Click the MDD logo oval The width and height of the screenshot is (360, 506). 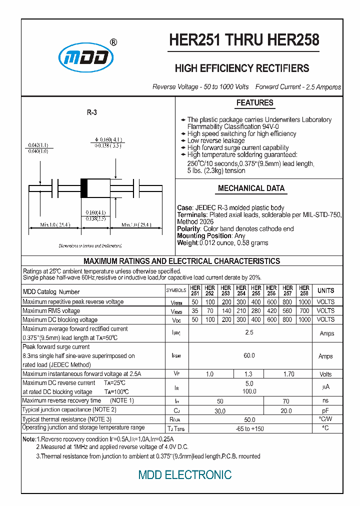click(86, 59)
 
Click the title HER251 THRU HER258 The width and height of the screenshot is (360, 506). click(244, 40)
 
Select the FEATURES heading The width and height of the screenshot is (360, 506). click(254, 103)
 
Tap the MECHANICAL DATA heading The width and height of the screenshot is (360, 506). click(251, 188)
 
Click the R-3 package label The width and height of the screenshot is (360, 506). click(91, 113)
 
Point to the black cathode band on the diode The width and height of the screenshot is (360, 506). click(84, 188)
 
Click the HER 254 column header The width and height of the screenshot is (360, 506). click(241, 290)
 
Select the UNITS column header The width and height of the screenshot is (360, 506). click(326, 290)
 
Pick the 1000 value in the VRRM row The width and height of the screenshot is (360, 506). click(304, 302)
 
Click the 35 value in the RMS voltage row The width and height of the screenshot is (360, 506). click(195, 311)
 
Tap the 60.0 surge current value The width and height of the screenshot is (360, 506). click(249, 355)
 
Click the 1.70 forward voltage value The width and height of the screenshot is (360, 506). click(288, 374)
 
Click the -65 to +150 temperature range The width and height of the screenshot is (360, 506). click(249, 429)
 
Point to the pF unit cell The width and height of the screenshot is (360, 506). click(325, 410)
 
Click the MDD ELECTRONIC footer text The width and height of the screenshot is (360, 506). click(184, 474)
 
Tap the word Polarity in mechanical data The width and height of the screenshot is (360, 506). click(188, 228)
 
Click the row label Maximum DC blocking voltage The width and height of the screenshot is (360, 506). click(60, 320)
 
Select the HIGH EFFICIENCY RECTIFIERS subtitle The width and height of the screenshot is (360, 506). click(241, 68)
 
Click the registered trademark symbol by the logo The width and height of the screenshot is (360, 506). click(113, 43)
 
